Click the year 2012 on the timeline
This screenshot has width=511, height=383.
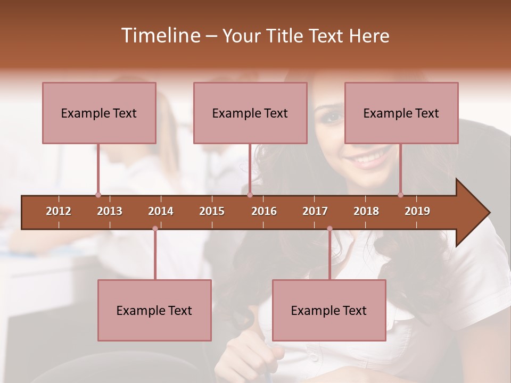(59, 211)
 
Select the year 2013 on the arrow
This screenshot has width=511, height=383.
(110, 211)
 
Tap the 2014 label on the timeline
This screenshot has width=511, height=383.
(161, 211)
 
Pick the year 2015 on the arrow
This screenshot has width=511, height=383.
(212, 211)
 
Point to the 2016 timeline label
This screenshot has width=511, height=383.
(264, 211)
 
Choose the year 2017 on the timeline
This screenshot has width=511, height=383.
(315, 211)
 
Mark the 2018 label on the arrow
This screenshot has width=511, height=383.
(366, 211)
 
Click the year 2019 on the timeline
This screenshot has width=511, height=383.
(417, 211)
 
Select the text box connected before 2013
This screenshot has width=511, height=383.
(99, 113)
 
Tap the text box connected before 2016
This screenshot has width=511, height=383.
(250, 113)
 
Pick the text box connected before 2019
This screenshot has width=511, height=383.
(401, 113)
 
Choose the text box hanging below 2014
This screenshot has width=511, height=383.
(154, 310)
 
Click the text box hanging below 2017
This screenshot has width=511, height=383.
(329, 310)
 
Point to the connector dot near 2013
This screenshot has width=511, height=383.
(98, 195)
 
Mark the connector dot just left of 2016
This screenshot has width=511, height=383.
(250, 195)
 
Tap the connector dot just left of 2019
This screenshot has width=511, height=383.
(400, 195)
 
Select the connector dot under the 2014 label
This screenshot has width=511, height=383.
(155, 229)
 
